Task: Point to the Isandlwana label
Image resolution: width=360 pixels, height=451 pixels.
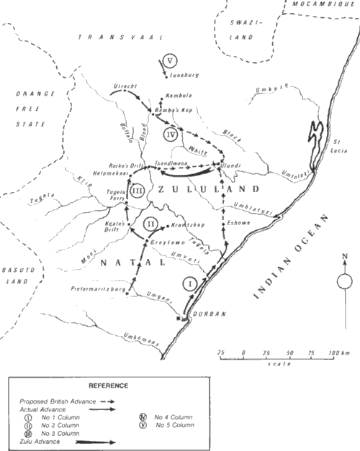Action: coord(171,163)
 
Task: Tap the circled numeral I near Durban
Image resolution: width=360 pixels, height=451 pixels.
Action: coord(189,282)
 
